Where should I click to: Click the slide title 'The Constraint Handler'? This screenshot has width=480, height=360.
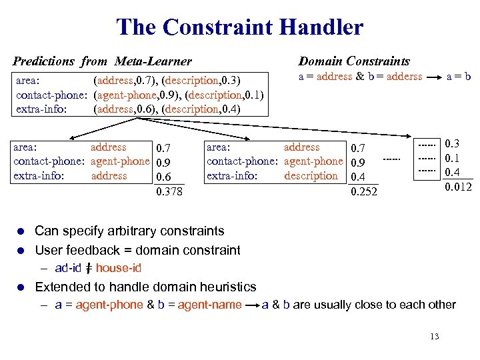coord(240,27)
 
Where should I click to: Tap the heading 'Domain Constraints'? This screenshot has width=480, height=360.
coord(354,61)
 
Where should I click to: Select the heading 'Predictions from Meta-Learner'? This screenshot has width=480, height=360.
coord(102,61)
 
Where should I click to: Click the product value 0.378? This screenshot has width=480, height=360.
coord(169,192)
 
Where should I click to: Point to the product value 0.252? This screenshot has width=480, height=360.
coord(364,192)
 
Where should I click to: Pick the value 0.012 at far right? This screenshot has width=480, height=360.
coord(458,186)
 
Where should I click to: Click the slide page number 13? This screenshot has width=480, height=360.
coord(434,336)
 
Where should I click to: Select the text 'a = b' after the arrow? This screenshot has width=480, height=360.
coord(459,77)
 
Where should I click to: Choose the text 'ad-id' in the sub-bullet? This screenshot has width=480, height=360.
coord(68,268)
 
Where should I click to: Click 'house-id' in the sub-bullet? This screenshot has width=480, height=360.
coord(118,268)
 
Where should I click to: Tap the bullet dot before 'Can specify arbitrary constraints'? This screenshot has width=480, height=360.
coord(21,231)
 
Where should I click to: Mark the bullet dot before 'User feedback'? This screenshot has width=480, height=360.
coord(21,251)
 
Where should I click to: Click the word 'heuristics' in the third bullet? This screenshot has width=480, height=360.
coord(225,287)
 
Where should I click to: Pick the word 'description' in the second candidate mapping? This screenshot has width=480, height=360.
coord(311,176)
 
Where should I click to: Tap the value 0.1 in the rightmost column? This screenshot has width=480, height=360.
coord(453,158)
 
